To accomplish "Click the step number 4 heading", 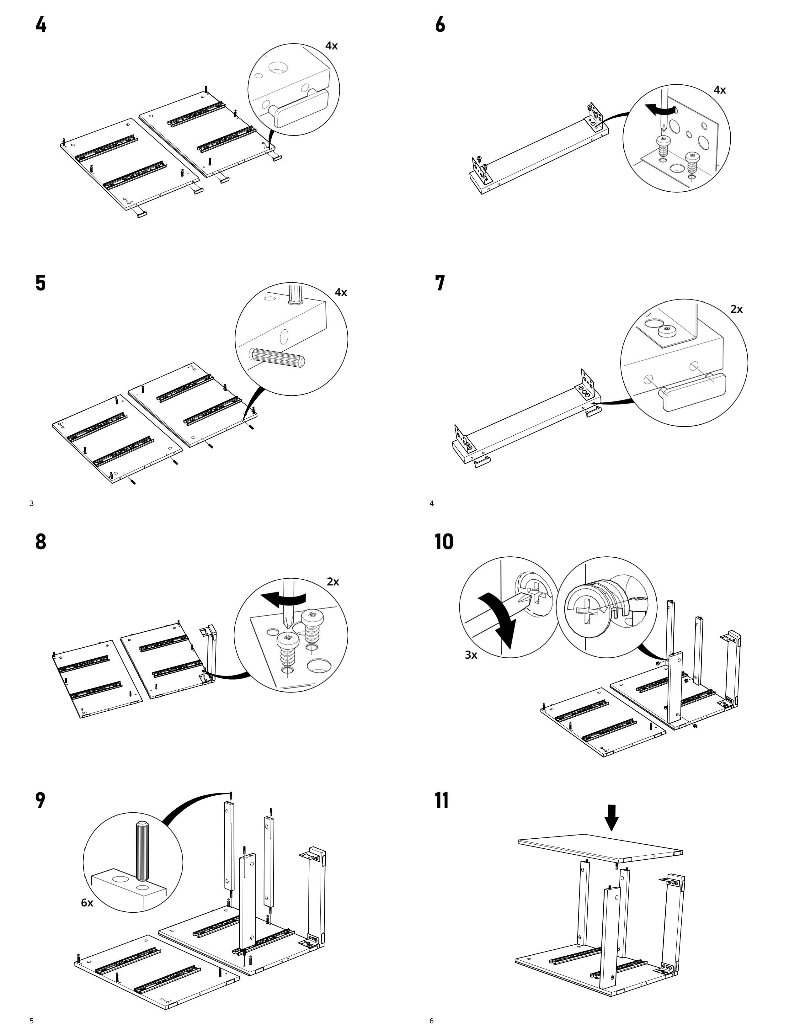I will tap(41, 25).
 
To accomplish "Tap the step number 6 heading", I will tap(440, 25).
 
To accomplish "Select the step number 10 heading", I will tap(444, 542).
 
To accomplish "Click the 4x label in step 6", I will tap(719, 90).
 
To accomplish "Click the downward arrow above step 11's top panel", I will tap(611, 817).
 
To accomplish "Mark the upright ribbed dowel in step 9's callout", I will tap(142, 851).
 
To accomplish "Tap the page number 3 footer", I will tap(32, 503).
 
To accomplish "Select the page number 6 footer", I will tap(431, 1021).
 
